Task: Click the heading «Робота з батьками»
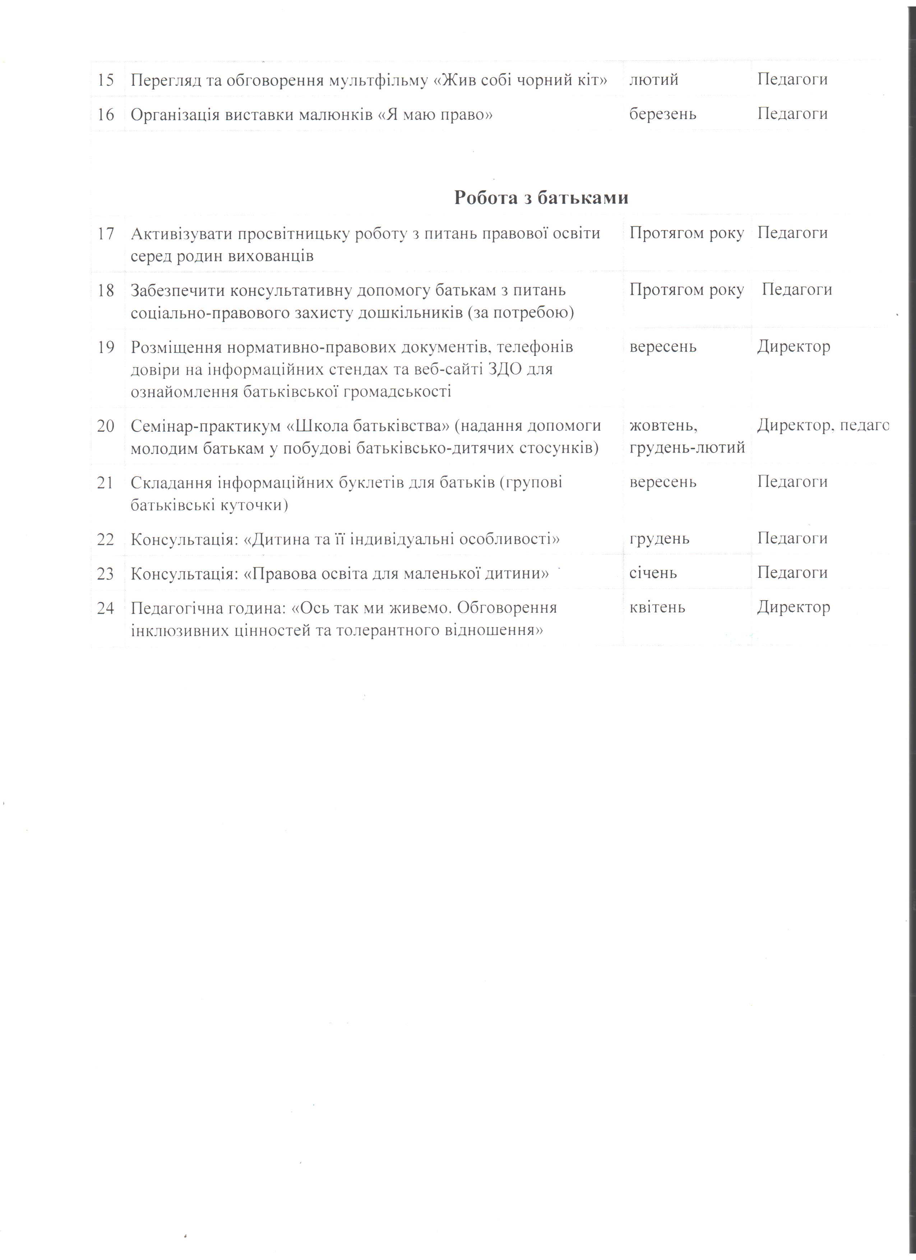tap(541, 198)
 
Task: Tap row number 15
tap(106, 79)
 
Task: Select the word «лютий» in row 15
tap(654, 79)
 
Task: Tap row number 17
tap(106, 233)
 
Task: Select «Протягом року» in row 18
tap(686, 289)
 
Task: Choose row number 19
tap(106, 347)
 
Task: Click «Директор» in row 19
tap(793, 347)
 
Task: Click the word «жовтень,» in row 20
tap(663, 426)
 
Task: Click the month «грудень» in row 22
tap(660, 538)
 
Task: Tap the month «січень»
tap(653, 573)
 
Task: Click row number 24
tap(106, 608)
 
